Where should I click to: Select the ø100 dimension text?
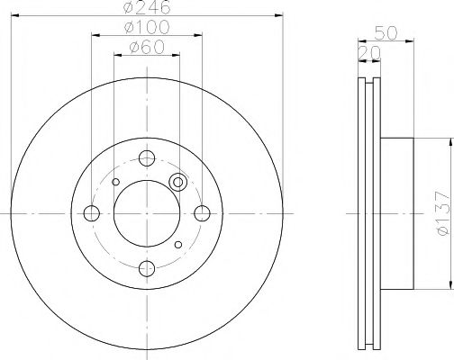(147, 28)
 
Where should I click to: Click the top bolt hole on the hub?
(147, 157)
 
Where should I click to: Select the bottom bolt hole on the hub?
(147, 267)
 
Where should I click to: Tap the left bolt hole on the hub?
(92, 213)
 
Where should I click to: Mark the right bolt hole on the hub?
(203, 213)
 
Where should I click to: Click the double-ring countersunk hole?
(177, 182)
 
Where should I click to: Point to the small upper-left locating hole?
(115, 183)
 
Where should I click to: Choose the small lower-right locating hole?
(178, 245)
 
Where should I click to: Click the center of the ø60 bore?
(147, 213)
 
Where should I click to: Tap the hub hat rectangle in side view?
(398, 213)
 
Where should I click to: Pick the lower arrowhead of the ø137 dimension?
(447, 285)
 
